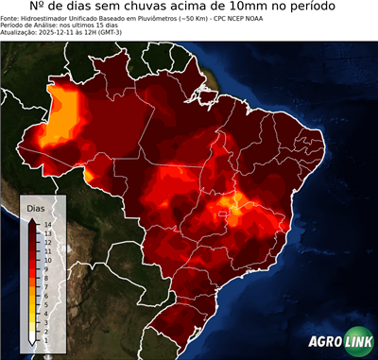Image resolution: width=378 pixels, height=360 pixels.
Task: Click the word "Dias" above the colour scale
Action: (x=36, y=207)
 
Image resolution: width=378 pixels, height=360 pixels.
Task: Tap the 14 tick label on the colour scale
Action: (x=47, y=224)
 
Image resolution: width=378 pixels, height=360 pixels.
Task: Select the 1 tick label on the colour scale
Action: (x=45, y=326)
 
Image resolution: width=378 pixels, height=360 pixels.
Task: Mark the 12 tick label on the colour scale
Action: (x=47, y=240)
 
